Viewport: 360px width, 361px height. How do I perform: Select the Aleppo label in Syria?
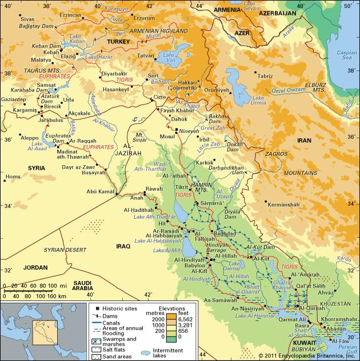(30, 138)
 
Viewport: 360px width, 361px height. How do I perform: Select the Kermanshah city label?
(283, 204)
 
